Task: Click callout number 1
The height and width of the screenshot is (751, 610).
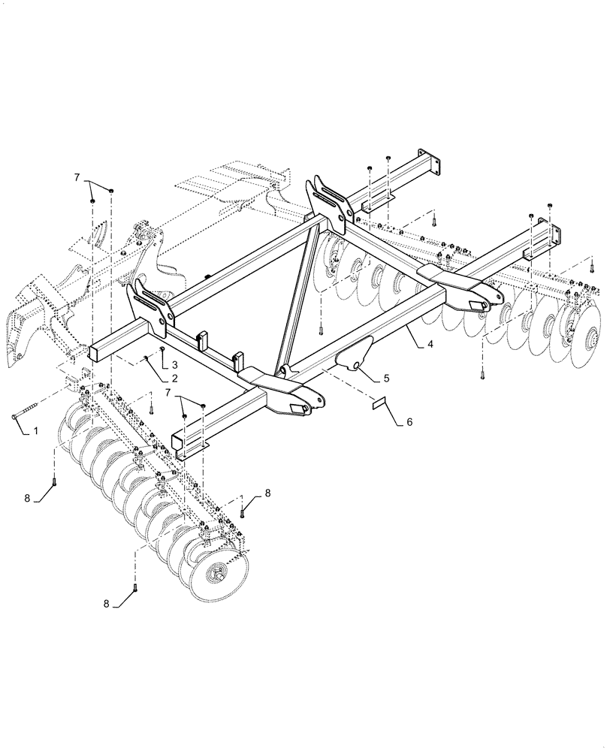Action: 35,432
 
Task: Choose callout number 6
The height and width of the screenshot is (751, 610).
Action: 410,422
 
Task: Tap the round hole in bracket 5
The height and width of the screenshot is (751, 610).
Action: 352,366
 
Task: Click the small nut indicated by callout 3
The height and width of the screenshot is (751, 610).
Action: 162,349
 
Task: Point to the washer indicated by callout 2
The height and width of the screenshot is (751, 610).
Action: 145,358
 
